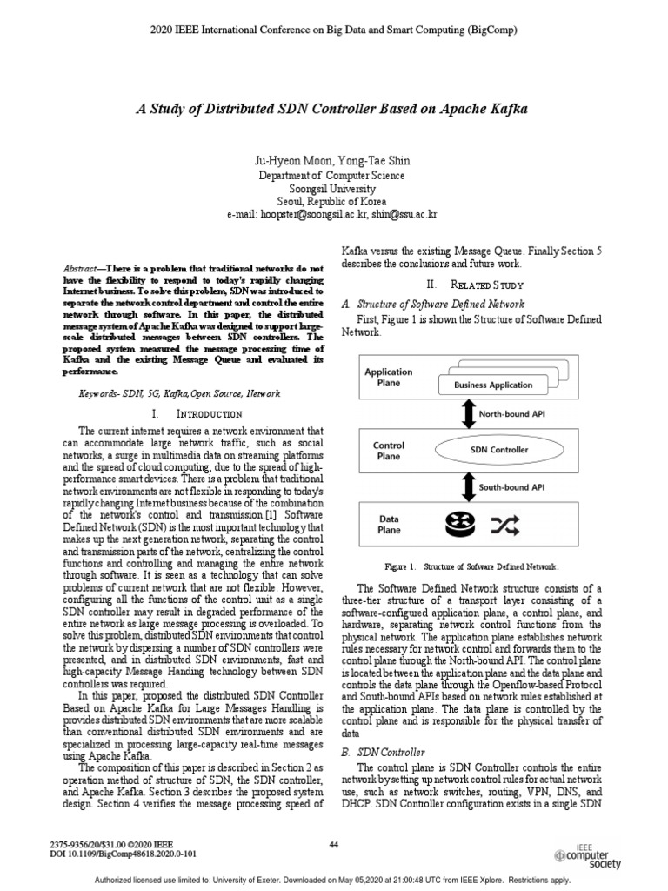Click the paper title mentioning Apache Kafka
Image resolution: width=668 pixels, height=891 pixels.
click(333, 111)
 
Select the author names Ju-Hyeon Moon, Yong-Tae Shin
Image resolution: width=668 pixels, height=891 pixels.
click(333, 160)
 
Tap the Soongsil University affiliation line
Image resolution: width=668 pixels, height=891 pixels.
click(333, 188)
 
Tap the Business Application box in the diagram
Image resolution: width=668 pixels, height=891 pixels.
click(493, 384)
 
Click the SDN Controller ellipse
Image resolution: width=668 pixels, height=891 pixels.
click(498, 450)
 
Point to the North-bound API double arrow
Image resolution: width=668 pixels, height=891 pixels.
click(465, 414)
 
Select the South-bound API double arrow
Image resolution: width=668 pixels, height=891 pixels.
click(465, 487)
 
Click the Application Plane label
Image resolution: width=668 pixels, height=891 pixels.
click(388, 378)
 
